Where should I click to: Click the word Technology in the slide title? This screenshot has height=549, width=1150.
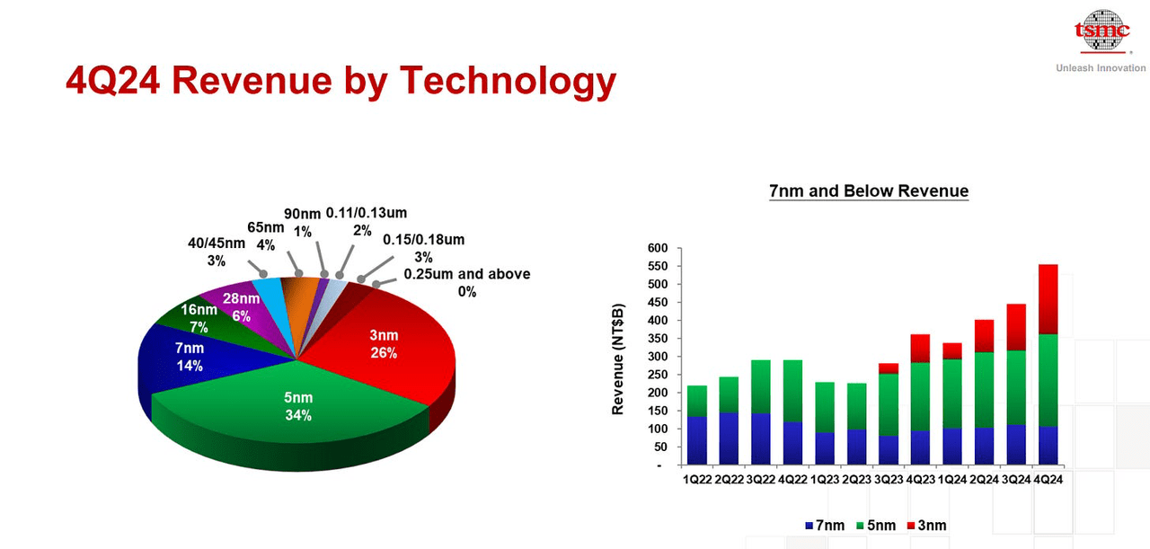click(x=508, y=80)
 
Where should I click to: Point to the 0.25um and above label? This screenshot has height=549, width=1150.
click(x=466, y=282)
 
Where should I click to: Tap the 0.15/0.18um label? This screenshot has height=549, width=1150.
click(x=424, y=248)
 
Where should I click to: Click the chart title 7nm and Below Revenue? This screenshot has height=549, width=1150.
click(x=869, y=190)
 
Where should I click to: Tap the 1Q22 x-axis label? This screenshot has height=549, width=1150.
click(x=696, y=480)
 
